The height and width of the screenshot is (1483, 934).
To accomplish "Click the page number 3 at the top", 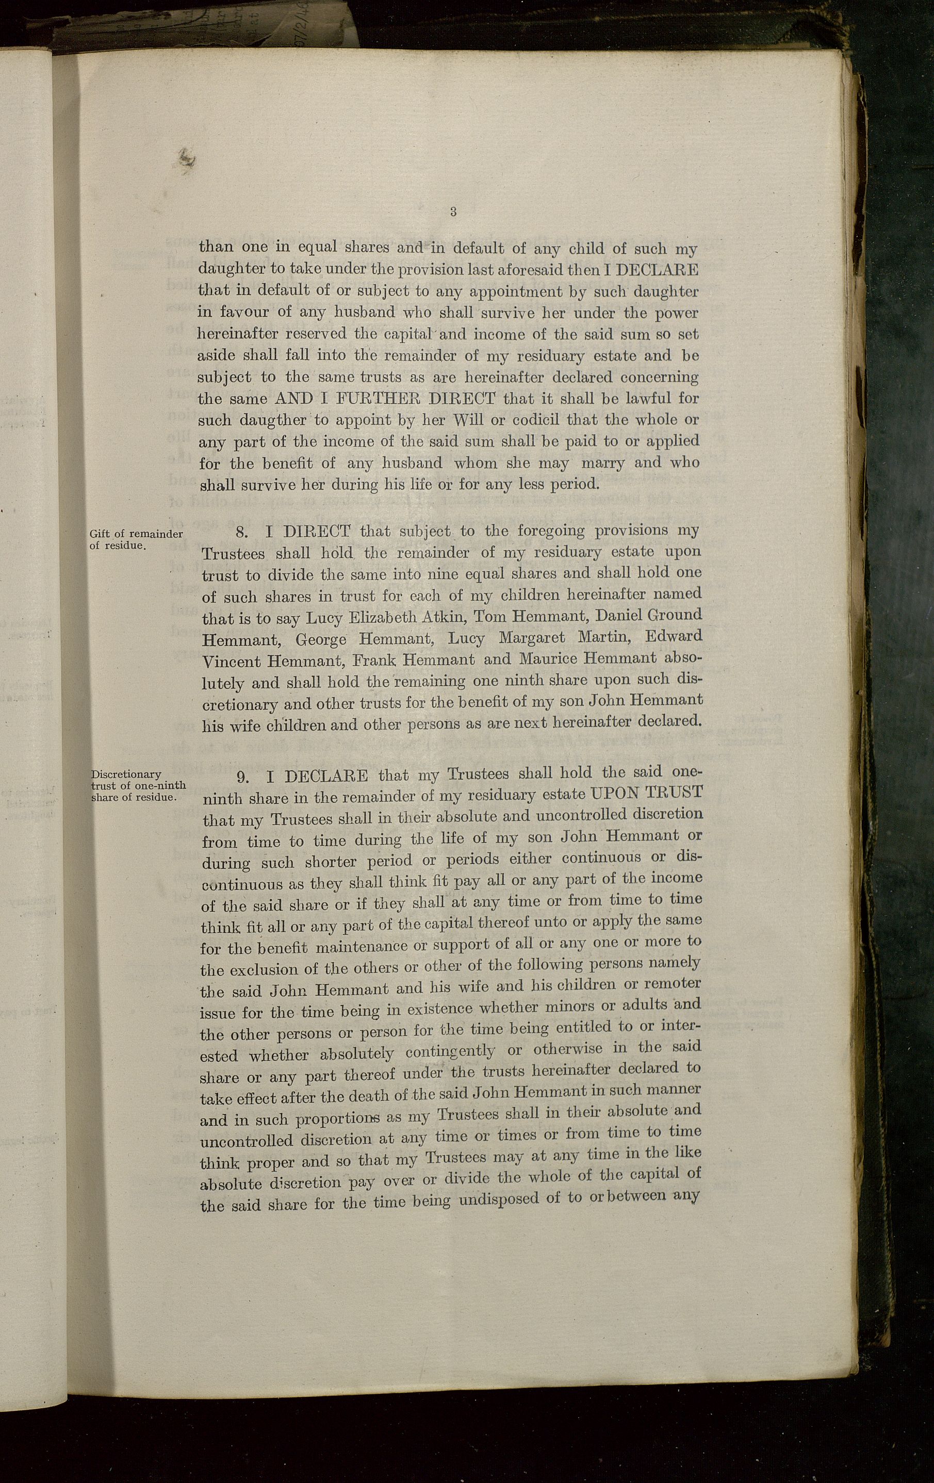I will point(453,212).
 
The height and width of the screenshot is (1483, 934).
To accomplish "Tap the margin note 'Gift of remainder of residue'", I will point(136,539).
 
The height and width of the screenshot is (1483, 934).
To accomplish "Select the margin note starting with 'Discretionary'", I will point(138,785).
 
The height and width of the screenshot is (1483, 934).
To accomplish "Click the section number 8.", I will point(242,532).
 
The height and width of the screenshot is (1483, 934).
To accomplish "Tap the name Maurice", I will point(548,659).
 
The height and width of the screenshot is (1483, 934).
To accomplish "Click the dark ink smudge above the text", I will point(186,159).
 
